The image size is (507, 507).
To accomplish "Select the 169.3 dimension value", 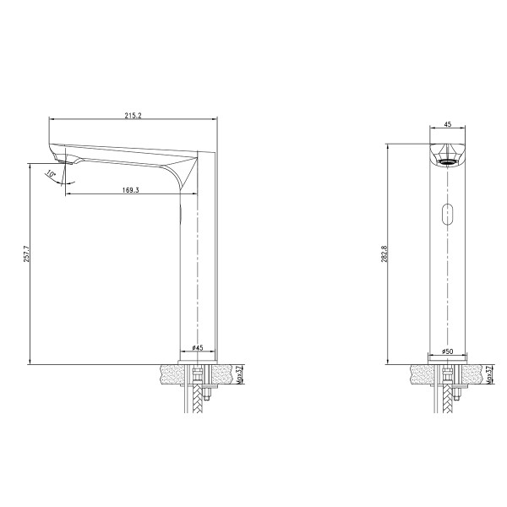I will pos(130,190).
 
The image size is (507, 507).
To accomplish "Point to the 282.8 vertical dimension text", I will pos(384,253).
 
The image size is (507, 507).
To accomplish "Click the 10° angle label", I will pos(52,174).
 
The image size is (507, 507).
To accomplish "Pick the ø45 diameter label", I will pos(197,347).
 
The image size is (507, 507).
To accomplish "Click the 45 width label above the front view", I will pos(447,124).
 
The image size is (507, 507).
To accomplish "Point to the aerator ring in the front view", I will pos(447,157).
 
